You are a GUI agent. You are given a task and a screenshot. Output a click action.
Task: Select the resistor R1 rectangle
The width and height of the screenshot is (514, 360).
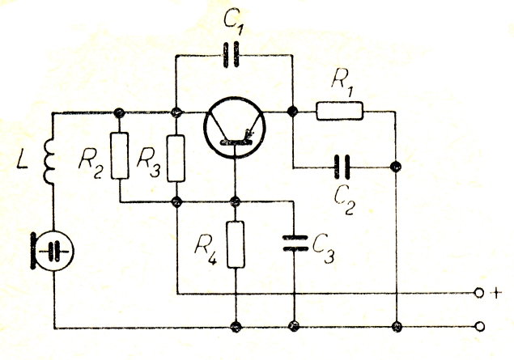tap(338, 111)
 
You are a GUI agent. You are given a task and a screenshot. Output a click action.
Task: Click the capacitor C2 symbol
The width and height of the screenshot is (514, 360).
tap(343, 167)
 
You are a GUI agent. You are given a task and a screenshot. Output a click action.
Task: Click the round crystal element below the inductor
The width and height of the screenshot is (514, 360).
tap(53, 251)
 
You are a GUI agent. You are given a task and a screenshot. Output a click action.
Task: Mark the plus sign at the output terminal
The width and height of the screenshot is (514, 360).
tap(495, 294)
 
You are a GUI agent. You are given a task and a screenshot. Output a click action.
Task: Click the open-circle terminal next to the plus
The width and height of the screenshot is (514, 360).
tap(478, 294)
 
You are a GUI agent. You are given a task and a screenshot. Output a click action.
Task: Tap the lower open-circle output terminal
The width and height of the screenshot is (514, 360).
tap(478, 327)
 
